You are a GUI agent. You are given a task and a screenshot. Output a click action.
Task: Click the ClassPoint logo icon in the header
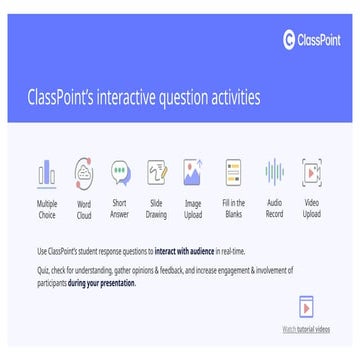(x=291, y=41)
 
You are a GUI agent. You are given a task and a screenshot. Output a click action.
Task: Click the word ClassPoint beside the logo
(x=321, y=41)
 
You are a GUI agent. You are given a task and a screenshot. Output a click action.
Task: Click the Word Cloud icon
(x=84, y=174)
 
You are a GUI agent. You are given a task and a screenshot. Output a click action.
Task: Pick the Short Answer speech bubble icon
(x=120, y=174)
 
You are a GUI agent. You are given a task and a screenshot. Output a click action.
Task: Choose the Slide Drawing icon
(x=157, y=174)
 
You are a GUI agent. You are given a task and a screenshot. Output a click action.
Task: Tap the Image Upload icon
(x=193, y=174)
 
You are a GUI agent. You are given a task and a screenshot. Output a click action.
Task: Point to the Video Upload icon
(x=311, y=174)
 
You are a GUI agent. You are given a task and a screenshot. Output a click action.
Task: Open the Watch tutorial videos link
(x=304, y=328)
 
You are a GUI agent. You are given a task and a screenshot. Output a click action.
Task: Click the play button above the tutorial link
(x=307, y=310)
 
